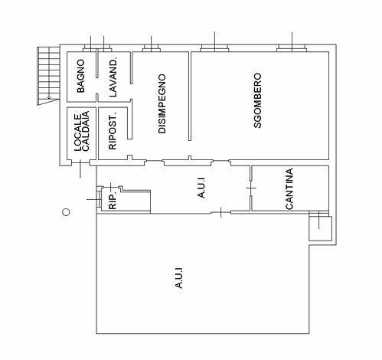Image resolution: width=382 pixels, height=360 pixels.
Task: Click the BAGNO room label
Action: click(80, 76)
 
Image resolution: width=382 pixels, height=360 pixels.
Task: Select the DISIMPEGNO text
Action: click(162, 103)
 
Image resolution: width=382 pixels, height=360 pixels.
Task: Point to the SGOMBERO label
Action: click(257, 100)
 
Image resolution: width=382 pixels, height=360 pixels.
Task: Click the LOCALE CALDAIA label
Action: click(82, 131)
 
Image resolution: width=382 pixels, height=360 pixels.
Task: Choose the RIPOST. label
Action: click(113, 130)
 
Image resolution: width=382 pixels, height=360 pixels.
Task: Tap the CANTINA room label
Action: click(289, 189)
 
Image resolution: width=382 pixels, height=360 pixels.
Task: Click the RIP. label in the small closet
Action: click(113, 201)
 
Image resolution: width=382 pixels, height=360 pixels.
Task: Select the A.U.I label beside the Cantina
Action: click(201, 188)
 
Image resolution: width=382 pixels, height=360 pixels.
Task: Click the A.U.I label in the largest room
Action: click(179, 278)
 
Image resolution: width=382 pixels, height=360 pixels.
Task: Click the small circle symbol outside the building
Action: click(66, 212)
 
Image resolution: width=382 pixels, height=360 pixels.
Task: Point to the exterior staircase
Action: click(48, 76)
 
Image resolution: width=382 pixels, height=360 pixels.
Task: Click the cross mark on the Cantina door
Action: click(251, 188)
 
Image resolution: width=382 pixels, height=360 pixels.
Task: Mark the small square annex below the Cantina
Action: click(320, 228)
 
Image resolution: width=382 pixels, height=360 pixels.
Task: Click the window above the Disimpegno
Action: click(151, 47)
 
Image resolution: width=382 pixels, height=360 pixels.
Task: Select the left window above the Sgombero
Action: click(214, 47)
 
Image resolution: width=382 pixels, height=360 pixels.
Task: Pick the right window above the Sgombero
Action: click(292, 47)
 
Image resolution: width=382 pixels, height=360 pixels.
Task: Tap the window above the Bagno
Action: click(90, 47)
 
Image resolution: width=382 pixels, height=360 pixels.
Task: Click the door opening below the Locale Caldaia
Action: click(80, 163)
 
